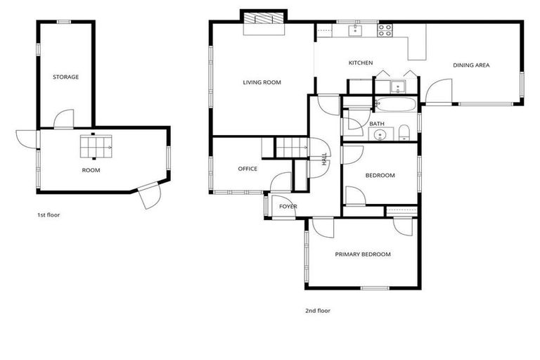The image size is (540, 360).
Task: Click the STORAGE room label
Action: tap(65, 77)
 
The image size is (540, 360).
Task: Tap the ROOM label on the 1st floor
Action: tap(91, 170)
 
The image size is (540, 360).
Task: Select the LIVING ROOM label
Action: tap(262, 82)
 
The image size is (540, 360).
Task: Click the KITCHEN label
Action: tap(360, 63)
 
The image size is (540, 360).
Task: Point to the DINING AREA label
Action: tap(470, 65)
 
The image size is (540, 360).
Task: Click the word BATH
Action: tap(377, 124)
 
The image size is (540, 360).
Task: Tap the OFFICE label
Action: tap(247, 169)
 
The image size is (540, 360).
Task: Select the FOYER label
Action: tap(288, 207)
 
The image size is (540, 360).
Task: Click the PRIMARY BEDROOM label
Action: tap(362, 255)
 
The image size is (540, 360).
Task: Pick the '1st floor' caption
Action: tap(49, 214)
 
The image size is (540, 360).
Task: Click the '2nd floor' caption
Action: tap(318, 310)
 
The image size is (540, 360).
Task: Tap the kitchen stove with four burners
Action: tap(385, 31)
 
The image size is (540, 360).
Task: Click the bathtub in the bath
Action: tap(396, 105)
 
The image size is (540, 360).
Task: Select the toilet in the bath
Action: tap(404, 133)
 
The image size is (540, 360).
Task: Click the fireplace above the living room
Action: tap(264, 22)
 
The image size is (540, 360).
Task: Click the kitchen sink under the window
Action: tap(356, 30)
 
